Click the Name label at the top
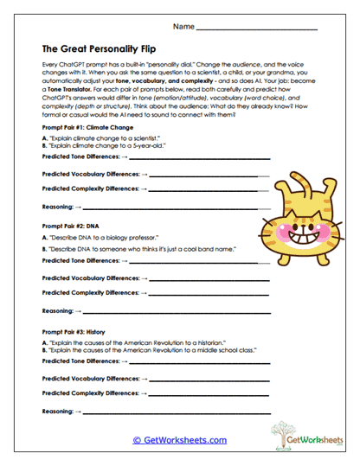[183, 28]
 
